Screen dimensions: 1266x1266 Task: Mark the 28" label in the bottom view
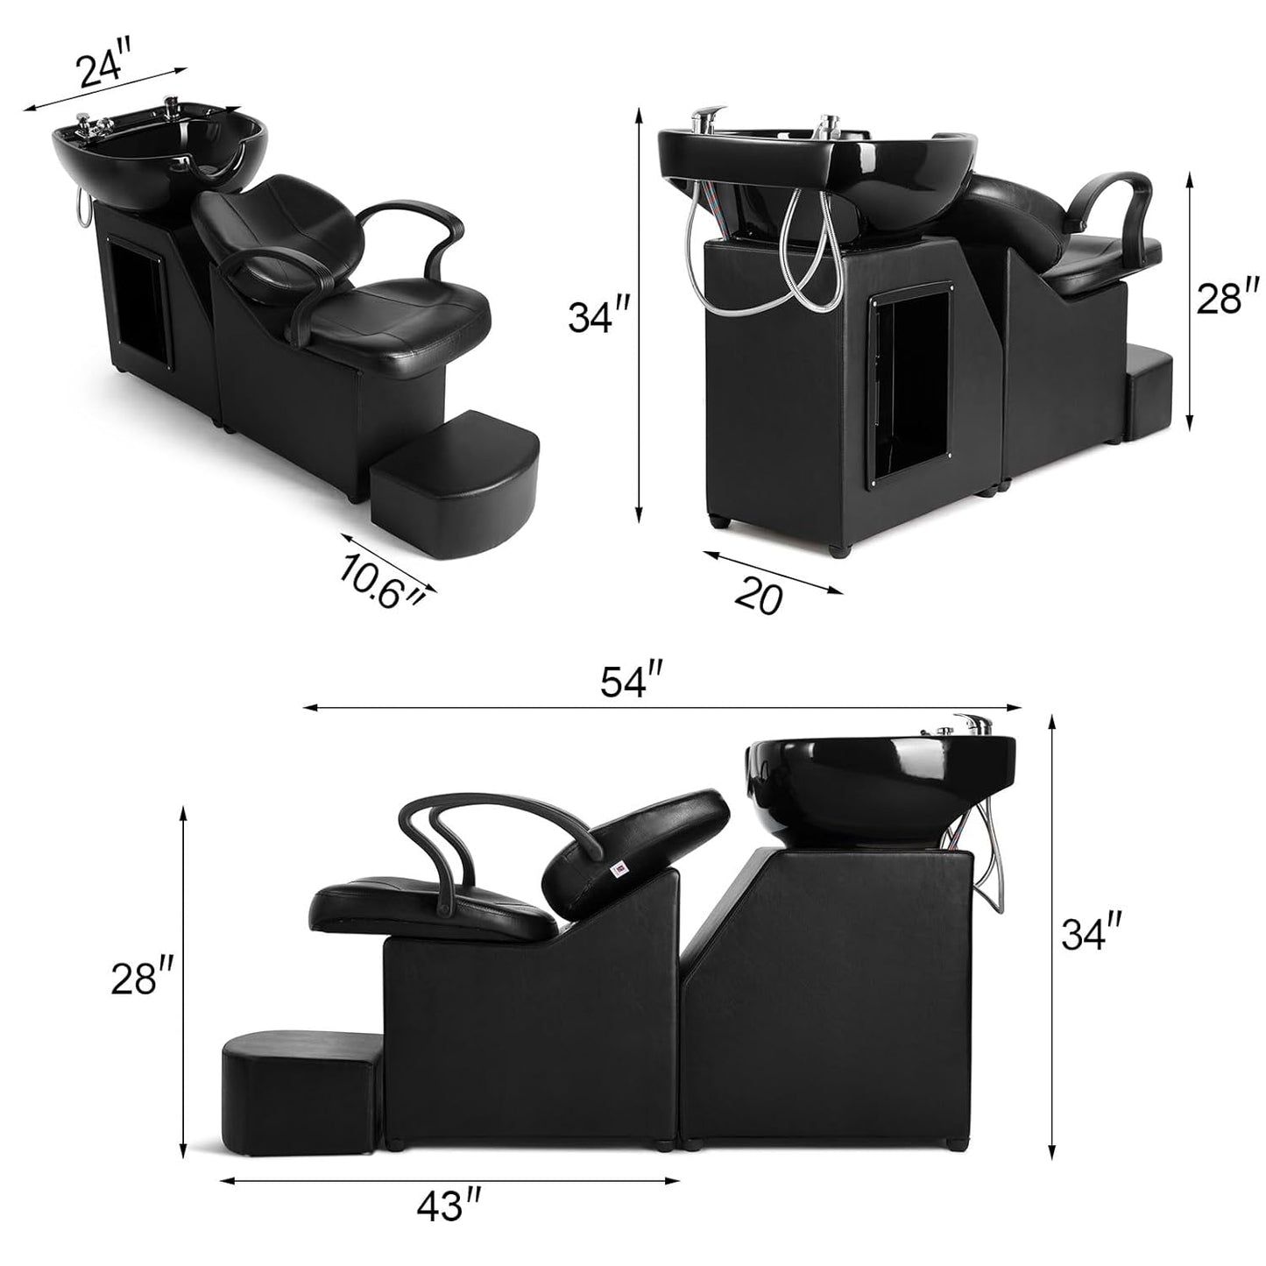[x=142, y=979]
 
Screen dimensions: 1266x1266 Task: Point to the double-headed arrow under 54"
[x=662, y=707]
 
